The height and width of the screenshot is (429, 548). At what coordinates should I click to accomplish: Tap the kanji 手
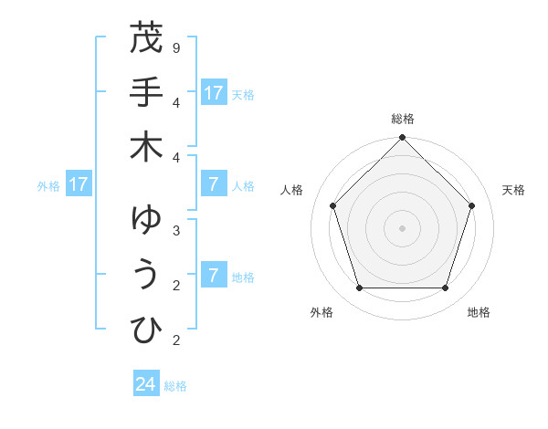click(146, 92)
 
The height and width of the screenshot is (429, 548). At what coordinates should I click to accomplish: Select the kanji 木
click(146, 148)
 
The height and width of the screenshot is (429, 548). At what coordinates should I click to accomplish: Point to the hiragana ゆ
click(146, 220)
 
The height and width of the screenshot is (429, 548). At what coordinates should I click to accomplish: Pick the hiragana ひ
click(146, 330)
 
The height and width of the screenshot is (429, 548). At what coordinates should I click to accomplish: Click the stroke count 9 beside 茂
click(175, 47)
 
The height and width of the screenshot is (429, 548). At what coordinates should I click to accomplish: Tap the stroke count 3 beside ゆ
click(175, 230)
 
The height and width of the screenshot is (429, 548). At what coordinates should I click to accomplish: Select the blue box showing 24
click(146, 384)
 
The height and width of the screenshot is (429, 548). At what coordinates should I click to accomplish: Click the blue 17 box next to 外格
click(78, 185)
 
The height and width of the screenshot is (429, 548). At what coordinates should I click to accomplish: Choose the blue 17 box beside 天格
click(214, 93)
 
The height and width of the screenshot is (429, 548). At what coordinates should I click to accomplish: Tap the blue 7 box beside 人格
click(214, 185)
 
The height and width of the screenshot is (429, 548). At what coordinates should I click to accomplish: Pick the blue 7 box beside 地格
click(214, 276)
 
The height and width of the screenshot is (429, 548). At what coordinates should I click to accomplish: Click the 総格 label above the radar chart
click(403, 119)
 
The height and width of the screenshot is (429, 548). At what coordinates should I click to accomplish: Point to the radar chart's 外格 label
click(321, 312)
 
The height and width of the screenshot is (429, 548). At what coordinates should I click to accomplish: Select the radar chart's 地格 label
click(479, 312)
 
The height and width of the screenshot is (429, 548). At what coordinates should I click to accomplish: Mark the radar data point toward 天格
click(471, 205)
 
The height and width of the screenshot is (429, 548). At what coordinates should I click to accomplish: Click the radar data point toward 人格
click(333, 205)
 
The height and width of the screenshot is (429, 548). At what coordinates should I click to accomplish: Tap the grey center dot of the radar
click(403, 227)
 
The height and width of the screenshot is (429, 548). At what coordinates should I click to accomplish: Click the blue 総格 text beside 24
click(175, 385)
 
